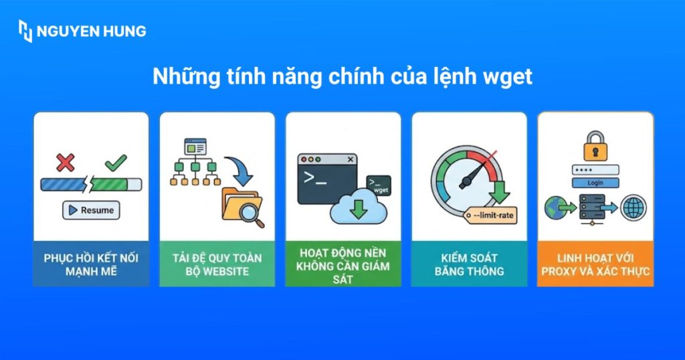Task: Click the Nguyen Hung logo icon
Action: [25, 31]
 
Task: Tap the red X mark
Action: [65, 162]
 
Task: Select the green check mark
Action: [116, 162]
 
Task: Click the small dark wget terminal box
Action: [379, 185]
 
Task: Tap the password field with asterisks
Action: [595, 170]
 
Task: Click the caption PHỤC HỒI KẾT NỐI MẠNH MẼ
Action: [91, 264]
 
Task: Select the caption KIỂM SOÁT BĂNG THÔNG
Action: [469, 264]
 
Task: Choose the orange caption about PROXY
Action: [595, 264]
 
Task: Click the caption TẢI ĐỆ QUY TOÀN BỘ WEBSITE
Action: [217, 264]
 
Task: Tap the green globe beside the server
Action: [556, 207]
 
